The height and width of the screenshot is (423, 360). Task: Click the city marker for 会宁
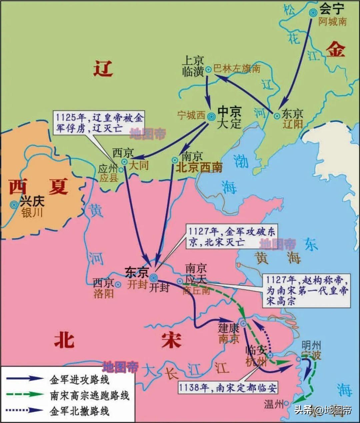[x=313, y=13]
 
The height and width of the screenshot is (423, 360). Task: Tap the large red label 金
[x=335, y=50]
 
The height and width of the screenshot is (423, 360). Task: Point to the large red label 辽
[x=103, y=69]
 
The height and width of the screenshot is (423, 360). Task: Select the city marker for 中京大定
[x=211, y=116]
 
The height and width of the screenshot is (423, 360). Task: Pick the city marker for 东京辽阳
[x=277, y=116]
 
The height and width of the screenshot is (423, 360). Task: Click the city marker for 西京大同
[x=124, y=162]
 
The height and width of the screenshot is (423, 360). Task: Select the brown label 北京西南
[x=199, y=167]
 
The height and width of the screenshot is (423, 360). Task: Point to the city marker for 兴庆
[x=14, y=205]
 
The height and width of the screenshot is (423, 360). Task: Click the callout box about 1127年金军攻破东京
[x=231, y=237]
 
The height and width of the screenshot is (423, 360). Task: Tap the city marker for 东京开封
[x=153, y=277]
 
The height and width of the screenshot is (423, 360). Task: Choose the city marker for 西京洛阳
[x=118, y=285]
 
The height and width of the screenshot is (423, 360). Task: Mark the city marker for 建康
[x=244, y=323]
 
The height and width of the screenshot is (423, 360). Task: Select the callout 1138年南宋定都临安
[x=228, y=387]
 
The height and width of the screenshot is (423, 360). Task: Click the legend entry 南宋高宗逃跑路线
[x=89, y=395]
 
